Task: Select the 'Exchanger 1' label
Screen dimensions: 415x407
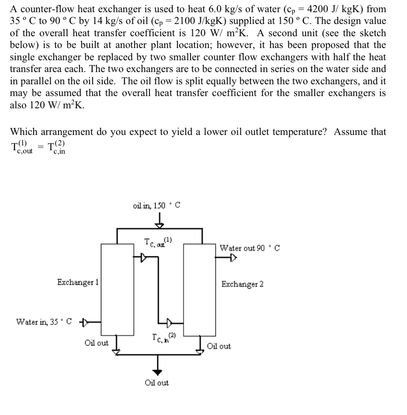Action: [x=77, y=282]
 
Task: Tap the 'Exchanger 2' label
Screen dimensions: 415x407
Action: [x=242, y=284]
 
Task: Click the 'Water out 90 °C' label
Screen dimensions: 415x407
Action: [x=250, y=248]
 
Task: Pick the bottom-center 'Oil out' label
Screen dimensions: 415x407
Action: [x=157, y=383]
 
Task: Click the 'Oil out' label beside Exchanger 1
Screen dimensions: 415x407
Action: [x=96, y=343]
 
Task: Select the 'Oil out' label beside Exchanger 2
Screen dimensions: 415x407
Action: [x=219, y=346]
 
